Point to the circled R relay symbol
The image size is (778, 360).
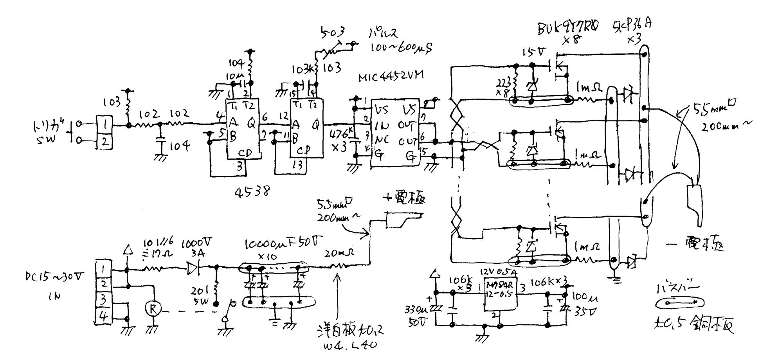pos(153,309)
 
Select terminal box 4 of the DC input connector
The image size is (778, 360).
pos(103,316)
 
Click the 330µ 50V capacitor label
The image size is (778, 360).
pos(416,315)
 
